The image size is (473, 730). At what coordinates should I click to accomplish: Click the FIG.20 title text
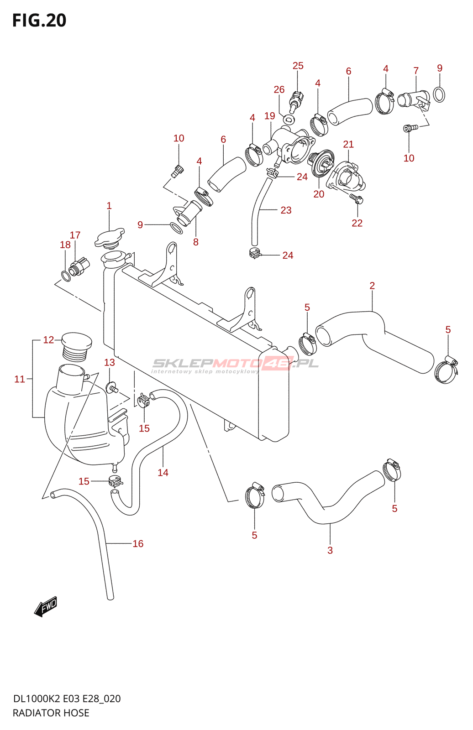coord(39,21)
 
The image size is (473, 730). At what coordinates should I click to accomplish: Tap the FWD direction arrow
coord(46,606)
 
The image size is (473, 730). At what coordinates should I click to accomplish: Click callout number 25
coord(298,66)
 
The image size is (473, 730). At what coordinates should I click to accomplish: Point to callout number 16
coord(138,543)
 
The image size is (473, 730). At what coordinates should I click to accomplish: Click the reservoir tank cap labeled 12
coord(77,345)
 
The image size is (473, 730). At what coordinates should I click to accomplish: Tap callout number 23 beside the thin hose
coord(286,210)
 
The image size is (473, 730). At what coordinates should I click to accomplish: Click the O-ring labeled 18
coord(66,276)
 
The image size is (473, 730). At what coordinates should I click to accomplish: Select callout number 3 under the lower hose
coord(330,550)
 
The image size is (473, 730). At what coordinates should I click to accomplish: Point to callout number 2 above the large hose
coord(372,286)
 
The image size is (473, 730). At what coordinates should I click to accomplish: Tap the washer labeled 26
coord(289,120)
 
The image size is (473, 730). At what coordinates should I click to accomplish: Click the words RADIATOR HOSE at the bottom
coord(51,713)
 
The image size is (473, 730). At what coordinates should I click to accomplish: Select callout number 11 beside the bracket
coord(20,379)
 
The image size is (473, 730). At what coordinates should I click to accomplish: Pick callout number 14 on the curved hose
coord(163,473)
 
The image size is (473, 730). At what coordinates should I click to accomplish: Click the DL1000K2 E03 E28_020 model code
coord(67,699)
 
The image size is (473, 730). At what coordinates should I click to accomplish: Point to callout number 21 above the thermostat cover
coord(348,144)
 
